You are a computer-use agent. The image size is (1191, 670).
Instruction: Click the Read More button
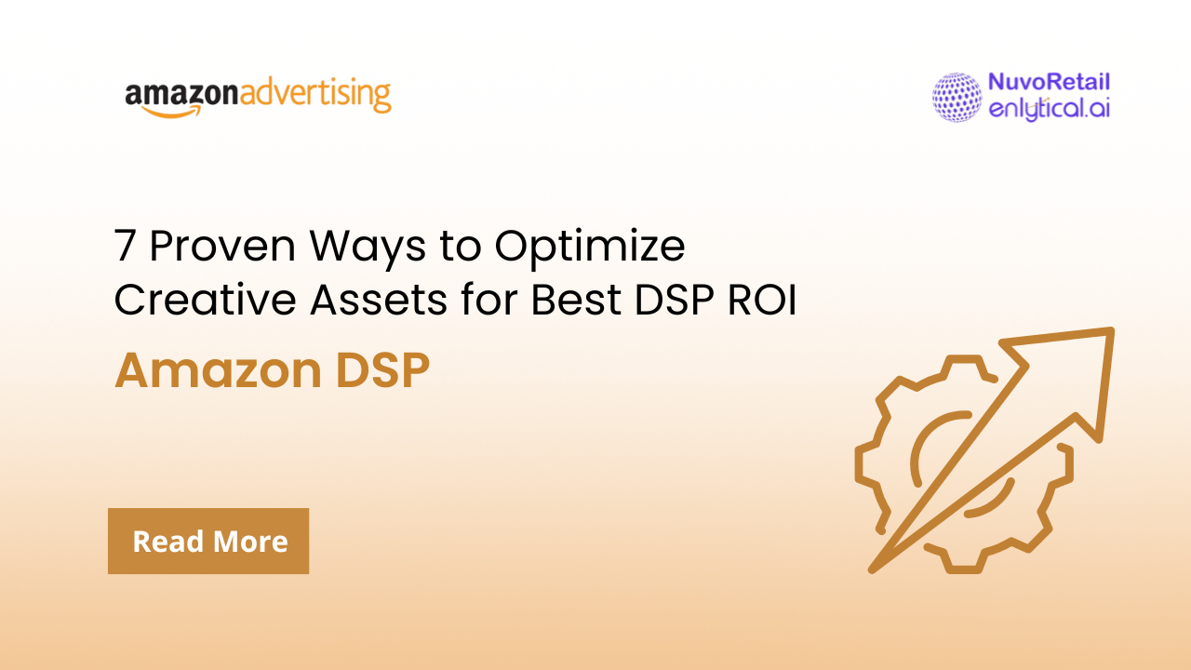208,541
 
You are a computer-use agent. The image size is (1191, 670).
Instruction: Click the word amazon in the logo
181,95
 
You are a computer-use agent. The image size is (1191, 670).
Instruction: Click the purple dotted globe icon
957,97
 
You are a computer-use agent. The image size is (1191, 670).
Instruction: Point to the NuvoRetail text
1049,83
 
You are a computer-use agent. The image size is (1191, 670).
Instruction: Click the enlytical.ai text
1049,109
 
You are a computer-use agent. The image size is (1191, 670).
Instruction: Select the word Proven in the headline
221,247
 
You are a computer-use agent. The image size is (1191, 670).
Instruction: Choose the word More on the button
250,541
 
